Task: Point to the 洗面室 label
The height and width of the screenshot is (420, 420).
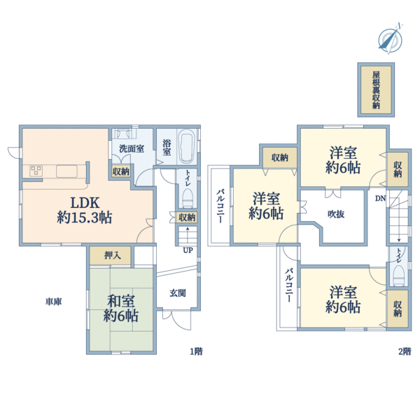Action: click(131, 149)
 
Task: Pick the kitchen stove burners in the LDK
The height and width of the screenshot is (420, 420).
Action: click(37, 170)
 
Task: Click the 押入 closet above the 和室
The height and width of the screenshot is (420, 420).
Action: click(112, 255)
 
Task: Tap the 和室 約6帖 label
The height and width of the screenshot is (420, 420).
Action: click(122, 309)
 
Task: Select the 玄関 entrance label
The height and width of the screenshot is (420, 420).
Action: click(178, 293)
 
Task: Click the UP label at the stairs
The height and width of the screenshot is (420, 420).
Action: click(188, 249)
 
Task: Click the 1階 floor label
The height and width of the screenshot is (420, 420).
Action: click(195, 351)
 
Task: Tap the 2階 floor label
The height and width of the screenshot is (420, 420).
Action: click(404, 351)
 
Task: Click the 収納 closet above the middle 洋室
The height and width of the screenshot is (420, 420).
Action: click(279, 157)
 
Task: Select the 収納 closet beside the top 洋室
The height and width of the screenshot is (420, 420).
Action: click(398, 169)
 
